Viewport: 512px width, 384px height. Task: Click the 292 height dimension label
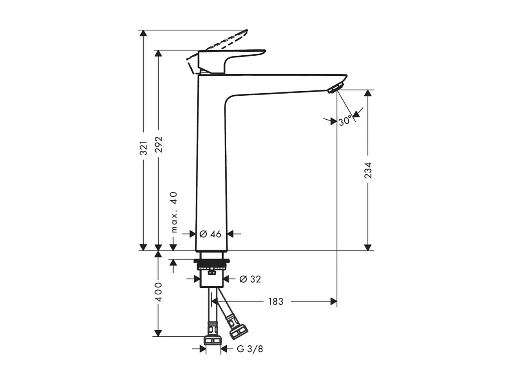[159, 144]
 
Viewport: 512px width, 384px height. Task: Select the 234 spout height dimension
[368, 170]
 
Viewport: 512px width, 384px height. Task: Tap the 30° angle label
[345, 121]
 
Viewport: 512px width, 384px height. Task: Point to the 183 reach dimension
[276, 301]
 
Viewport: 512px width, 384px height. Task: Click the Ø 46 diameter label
[210, 234]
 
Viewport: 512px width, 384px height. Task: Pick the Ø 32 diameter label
[250, 279]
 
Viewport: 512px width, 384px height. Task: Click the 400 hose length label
[159, 292]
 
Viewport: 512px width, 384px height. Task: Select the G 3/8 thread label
[250, 349]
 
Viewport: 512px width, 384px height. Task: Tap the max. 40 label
[174, 212]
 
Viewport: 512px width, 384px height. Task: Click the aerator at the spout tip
[336, 88]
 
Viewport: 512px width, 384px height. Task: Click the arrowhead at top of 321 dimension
[143, 33]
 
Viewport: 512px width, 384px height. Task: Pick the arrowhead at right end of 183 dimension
[334, 301]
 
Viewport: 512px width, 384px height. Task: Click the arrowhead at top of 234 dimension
[368, 93]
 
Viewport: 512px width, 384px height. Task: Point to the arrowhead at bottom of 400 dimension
[158, 334]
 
